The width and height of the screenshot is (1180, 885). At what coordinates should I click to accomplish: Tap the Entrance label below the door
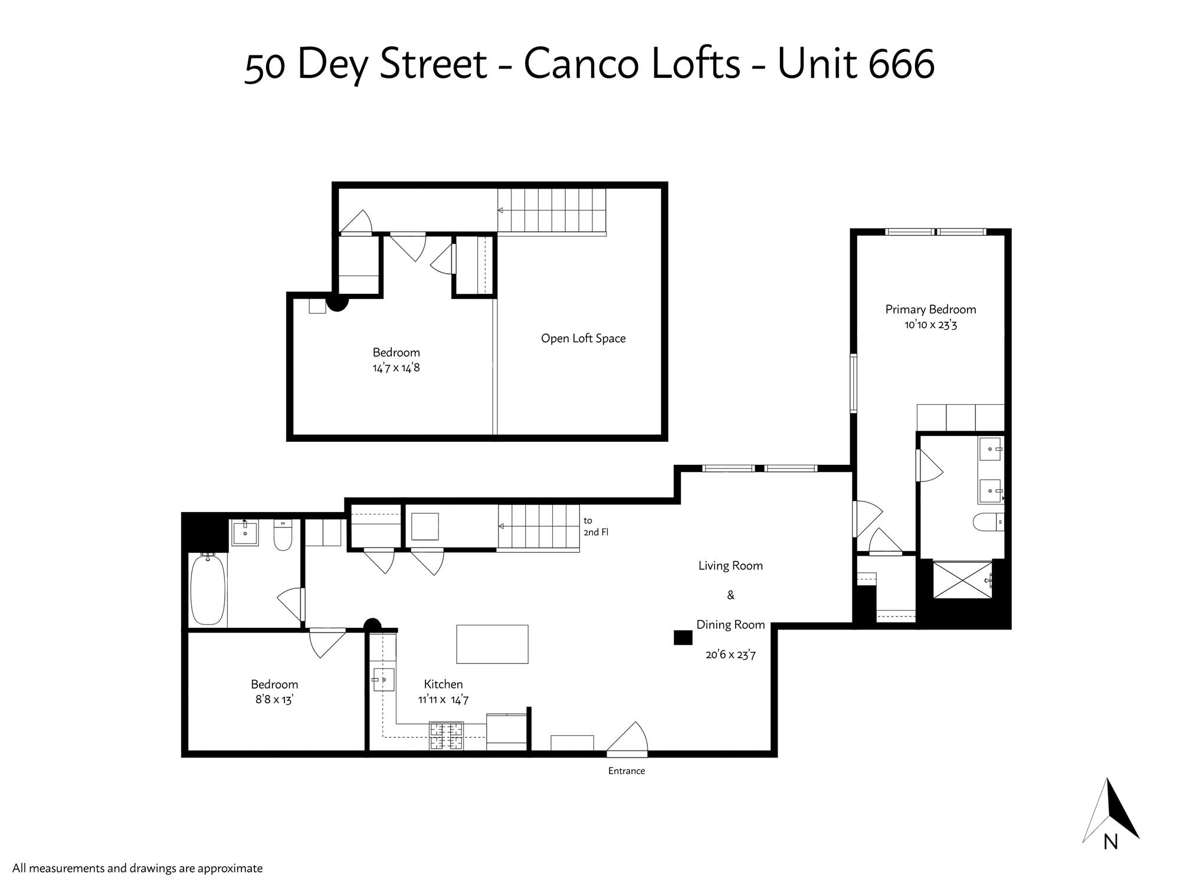tap(627, 771)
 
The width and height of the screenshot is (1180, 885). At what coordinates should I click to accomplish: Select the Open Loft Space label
tap(583, 338)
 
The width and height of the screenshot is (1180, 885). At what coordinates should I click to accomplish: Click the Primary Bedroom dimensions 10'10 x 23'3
tap(930, 324)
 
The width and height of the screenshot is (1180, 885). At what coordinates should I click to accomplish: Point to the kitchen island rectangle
tap(492, 644)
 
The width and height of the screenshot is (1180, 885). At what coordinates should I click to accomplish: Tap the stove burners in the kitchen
tap(446, 736)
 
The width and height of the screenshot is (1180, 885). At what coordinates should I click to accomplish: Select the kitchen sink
tap(383, 680)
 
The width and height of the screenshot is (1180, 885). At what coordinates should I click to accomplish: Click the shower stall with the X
tap(962, 579)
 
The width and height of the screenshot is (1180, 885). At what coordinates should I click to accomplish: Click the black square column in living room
tap(683, 637)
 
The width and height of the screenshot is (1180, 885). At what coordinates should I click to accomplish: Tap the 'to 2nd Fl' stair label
tap(595, 526)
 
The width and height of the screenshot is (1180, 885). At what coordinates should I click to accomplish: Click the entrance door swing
tap(628, 738)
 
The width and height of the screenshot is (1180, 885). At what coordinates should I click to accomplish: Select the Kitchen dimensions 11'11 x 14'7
tap(443, 700)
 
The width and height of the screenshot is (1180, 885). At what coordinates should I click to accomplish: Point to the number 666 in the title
tap(902, 64)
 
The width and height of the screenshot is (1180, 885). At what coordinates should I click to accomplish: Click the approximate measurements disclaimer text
tap(137, 868)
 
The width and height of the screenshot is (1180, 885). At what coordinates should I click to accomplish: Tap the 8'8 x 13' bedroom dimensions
tap(274, 700)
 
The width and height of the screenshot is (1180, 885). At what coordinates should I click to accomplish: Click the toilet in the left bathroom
tap(283, 535)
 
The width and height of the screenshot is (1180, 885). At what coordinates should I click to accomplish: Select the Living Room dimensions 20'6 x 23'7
tap(730, 654)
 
